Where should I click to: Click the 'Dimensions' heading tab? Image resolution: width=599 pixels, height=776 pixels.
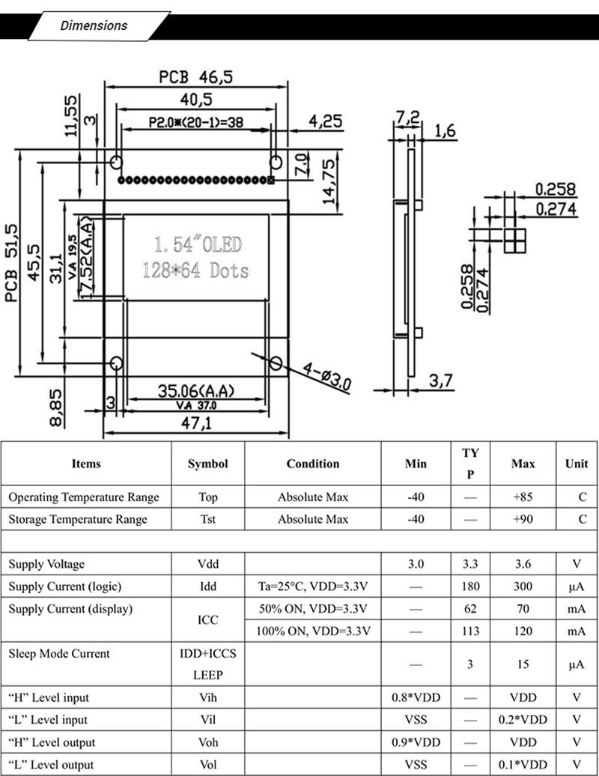[x=94, y=25]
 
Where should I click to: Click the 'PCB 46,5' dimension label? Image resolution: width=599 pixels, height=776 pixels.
[x=195, y=76]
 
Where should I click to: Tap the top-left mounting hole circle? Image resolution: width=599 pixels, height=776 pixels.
[x=116, y=162]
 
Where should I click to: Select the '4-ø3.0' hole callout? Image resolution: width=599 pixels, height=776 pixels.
[x=326, y=376]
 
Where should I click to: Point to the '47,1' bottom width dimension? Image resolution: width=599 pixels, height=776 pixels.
[x=196, y=422]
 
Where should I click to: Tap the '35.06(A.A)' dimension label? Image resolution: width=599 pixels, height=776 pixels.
[x=196, y=390]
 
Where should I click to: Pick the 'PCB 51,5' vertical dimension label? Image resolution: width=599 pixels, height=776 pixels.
[x=13, y=262]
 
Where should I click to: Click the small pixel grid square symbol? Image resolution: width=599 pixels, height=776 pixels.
[x=514, y=240]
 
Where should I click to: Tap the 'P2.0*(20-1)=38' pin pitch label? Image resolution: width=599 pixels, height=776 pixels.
[x=194, y=122]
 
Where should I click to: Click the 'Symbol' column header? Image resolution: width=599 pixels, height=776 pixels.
[x=207, y=464]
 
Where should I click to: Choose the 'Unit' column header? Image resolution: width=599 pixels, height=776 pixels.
[x=576, y=464]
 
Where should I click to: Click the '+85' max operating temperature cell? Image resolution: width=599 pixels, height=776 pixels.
[x=523, y=497]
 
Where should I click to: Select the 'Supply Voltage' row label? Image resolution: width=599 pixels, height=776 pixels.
[x=46, y=564]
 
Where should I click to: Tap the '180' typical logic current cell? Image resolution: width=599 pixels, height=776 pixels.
[x=470, y=586]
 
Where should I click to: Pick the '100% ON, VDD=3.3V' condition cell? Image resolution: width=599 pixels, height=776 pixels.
[x=313, y=631]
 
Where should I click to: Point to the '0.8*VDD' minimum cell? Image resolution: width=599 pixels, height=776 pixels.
[x=416, y=697]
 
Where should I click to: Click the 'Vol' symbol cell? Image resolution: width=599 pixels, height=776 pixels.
[x=208, y=765]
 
